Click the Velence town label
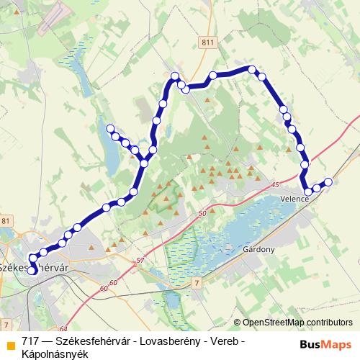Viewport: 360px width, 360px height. point(296,199)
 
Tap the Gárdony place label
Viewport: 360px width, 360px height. point(260,249)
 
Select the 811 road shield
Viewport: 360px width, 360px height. point(207,43)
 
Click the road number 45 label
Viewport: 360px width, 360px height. point(276,186)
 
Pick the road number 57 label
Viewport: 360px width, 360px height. point(140,260)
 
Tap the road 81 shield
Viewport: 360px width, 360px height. point(6,220)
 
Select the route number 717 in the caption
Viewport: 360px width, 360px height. point(30,341)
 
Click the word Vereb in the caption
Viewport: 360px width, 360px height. point(222,341)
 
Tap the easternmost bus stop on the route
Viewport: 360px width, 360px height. point(329,182)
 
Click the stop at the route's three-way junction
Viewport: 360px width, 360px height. point(145,163)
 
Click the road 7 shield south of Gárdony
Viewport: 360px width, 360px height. point(197,285)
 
